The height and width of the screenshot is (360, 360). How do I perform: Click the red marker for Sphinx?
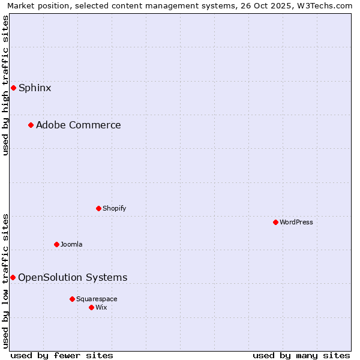13,88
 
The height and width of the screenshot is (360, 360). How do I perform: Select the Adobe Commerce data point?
31,125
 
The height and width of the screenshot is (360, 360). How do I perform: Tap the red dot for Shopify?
98,208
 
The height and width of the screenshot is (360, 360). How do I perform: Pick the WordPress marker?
275,222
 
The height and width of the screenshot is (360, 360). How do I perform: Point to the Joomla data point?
56,244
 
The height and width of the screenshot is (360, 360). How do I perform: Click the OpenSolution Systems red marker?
13,277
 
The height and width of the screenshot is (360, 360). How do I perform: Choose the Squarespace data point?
72,299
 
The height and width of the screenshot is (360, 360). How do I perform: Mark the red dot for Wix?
91,307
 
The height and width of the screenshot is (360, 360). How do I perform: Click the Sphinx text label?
35,88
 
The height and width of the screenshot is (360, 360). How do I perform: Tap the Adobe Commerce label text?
78,125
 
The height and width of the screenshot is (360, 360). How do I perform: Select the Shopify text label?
114,209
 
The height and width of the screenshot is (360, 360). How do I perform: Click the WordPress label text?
296,223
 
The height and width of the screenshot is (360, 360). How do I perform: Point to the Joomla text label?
71,245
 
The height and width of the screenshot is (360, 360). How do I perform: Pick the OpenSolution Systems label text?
73,278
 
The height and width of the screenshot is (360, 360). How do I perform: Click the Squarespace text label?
97,299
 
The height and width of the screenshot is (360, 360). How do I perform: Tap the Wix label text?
101,308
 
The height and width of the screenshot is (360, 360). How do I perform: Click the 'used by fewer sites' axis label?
62,355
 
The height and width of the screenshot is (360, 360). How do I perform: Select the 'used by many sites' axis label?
301,355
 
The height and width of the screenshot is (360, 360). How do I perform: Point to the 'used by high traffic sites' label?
6,85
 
